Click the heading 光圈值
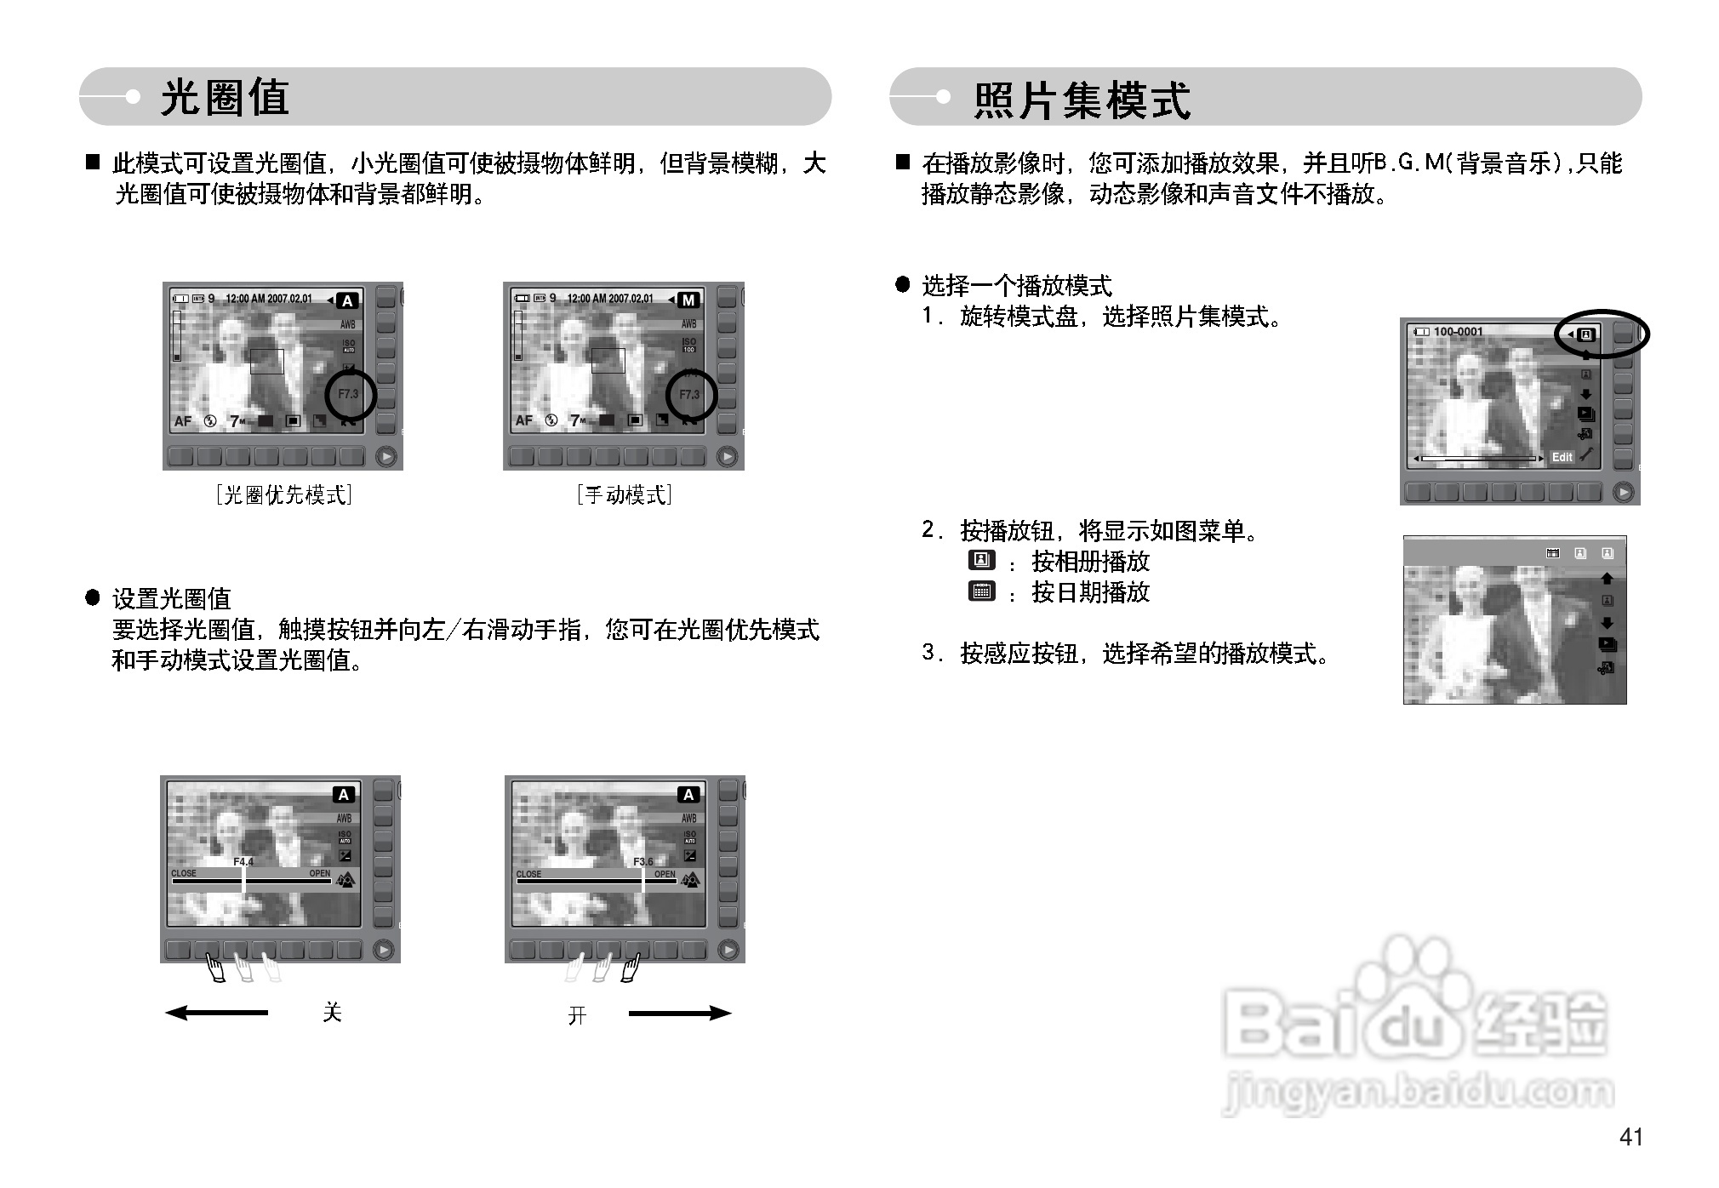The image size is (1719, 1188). coord(225,97)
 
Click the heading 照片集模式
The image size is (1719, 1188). coord(1081,100)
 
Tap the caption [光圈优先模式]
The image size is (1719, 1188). coord(283,494)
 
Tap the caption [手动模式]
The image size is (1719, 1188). coord(624,494)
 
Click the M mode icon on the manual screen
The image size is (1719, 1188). coord(688,300)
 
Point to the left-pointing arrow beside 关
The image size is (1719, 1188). coord(216,1013)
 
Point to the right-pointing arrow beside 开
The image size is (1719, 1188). coord(679,1013)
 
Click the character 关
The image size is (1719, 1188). coord(332,1012)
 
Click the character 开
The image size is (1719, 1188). coord(577,1015)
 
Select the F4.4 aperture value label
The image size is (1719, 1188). coord(243,862)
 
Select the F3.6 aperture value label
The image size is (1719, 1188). coord(643,862)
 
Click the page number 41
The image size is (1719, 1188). coord(1630,1137)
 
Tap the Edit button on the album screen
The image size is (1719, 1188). coord(1562,457)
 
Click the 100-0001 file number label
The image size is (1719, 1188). coord(1458,332)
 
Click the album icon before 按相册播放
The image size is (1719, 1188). coord(981,560)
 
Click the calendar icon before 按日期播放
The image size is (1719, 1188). coord(981,591)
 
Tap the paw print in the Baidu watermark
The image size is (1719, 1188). coord(1413,979)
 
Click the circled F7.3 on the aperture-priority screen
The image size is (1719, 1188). coord(349,394)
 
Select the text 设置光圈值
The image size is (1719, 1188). coord(171,599)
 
